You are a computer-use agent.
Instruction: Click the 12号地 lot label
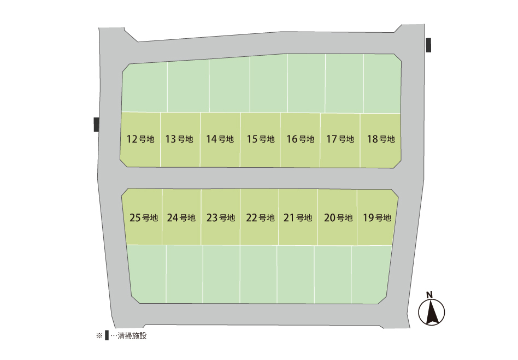click(140, 139)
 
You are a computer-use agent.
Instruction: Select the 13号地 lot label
click(179, 139)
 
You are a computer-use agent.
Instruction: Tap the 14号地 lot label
click(220, 139)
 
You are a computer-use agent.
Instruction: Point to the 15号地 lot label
click(261, 139)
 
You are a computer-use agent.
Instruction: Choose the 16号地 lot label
click(301, 139)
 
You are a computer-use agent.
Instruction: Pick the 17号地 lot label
click(340, 139)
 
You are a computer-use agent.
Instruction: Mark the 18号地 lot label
click(381, 139)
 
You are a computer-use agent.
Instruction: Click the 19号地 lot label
click(377, 217)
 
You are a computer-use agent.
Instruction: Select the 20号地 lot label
click(338, 217)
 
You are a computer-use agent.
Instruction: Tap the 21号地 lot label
click(298, 217)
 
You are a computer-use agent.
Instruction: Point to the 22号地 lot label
click(260, 217)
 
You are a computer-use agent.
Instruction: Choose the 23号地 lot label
click(221, 217)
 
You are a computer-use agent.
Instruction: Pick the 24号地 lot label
click(181, 217)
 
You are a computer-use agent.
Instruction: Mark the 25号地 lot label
click(144, 217)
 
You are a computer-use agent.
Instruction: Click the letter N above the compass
click(429, 295)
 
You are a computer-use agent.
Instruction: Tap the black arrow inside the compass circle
click(432, 313)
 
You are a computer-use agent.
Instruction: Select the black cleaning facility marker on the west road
click(97, 125)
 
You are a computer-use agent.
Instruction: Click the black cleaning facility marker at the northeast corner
click(428, 45)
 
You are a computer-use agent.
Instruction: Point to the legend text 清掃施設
click(132, 336)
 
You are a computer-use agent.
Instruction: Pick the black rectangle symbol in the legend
click(107, 335)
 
